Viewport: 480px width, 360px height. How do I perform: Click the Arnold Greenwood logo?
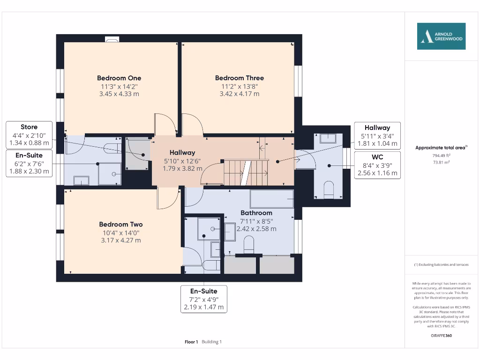click(x=441, y=36)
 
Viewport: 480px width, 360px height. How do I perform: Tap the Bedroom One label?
click(x=119, y=78)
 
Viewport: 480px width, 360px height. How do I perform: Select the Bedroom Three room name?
click(x=240, y=78)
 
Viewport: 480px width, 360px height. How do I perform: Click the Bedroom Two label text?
click(x=121, y=225)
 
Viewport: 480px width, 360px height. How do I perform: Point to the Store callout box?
click(x=29, y=135)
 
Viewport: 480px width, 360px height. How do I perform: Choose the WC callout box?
click(x=377, y=165)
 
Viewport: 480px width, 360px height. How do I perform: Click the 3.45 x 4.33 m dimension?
click(x=119, y=94)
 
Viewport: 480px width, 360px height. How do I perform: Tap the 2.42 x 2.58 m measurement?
click(x=256, y=229)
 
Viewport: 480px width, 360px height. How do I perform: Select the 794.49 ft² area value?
click(x=441, y=156)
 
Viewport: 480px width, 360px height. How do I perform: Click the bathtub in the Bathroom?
click(x=272, y=199)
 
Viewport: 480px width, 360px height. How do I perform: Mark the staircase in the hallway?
click(x=246, y=172)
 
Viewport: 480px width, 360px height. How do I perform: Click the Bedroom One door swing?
click(x=165, y=124)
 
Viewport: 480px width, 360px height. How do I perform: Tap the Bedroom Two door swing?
click(x=168, y=198)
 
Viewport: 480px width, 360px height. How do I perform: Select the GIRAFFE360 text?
click(x=441, y=336)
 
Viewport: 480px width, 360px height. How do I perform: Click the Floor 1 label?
click(x=191, y=342)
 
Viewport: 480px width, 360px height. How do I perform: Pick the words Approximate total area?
click(x=440, y=148)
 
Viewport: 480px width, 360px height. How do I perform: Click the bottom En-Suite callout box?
click(x=204, y=299)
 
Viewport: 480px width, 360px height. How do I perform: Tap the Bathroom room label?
click(x=256, y=213)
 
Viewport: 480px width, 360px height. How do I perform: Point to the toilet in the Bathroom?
click(x=248, y=245)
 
